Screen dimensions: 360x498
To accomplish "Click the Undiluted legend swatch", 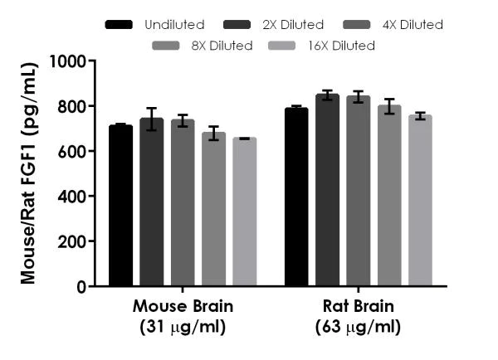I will pos(120,25).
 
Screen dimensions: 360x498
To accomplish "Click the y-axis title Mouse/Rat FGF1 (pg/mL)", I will pos(28,174).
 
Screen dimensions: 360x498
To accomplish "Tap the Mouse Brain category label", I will pos(183,315).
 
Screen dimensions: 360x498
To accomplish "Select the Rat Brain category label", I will pos(359,315).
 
